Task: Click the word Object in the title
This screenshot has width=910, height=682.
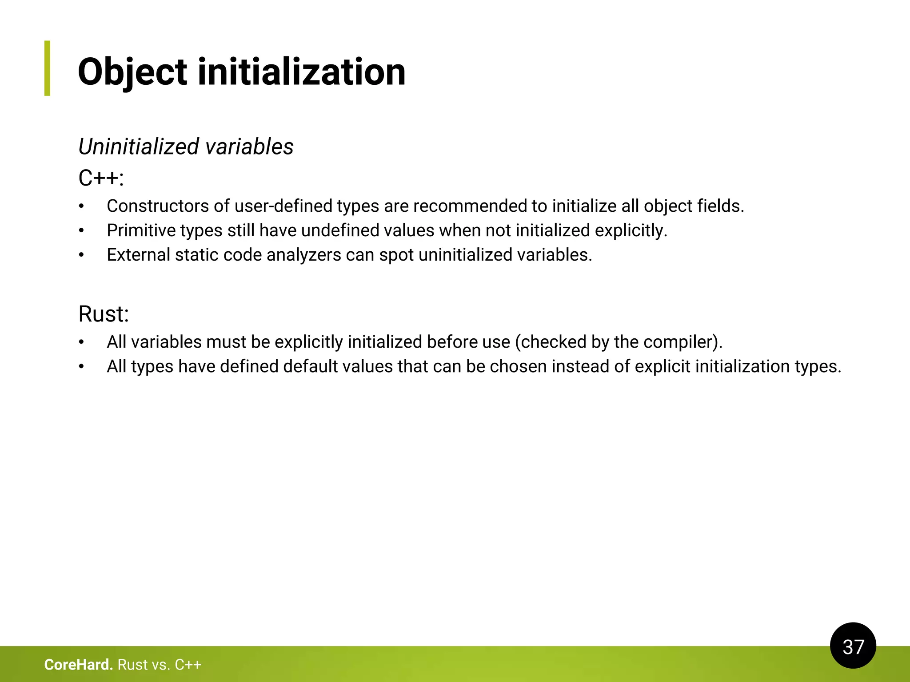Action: point(132,72)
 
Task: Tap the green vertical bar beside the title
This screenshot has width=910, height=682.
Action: point(47,68)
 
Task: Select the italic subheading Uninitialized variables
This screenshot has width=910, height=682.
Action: point(186,147)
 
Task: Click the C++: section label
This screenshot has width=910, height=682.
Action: point(101,178)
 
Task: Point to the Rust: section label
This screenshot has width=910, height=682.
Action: point(104,314)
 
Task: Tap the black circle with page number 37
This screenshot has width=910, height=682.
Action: point(853,646)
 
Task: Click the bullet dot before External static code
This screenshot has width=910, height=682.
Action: point(81,255)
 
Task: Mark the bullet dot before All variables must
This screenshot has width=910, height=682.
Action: point(81,342)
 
